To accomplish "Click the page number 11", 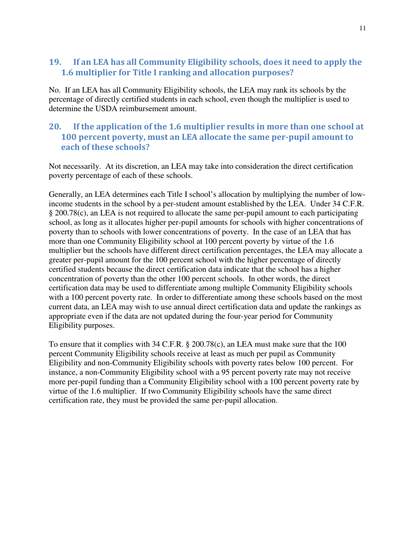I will coord(363,29).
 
